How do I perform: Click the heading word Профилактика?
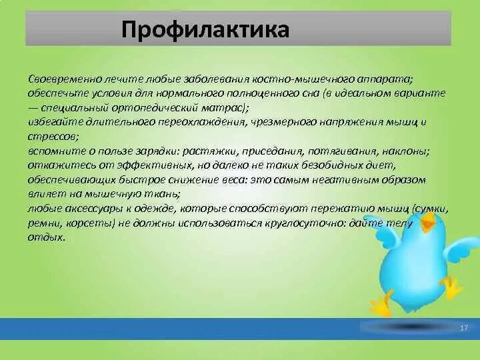[x=205, y=30]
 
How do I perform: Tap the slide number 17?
[x=464, y=328]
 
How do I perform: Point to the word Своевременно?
[x=65, y=79]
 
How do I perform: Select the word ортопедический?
[x=155, y=109]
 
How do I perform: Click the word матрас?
[x=223, y=108]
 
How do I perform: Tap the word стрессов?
[x=53, y=137]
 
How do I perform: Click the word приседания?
[x=273, y=151]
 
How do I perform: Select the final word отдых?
[x=47, y=238]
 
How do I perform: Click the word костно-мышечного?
[x=302, y=79]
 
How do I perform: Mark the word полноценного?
[x=259, y=94]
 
